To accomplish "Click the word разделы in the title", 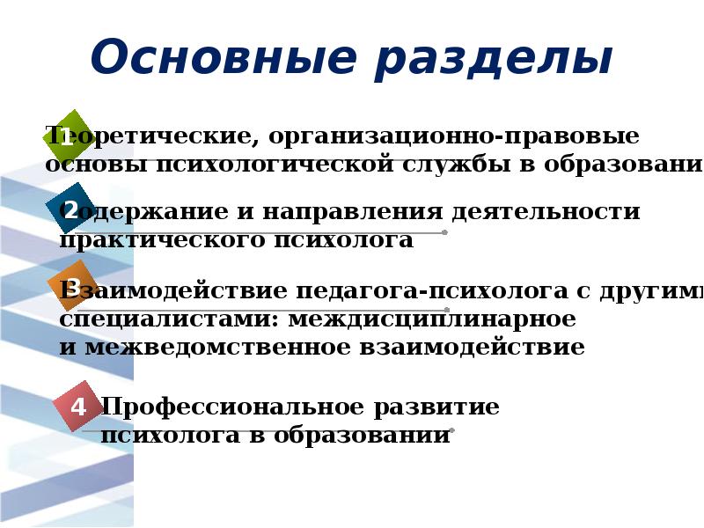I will click(492, 60).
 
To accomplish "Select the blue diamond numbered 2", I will click(70, 209).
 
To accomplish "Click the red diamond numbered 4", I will click(78, 406).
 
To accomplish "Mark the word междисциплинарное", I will click(431, 319).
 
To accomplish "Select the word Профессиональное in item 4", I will click(232, 407).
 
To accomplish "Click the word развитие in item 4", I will click(436, 407).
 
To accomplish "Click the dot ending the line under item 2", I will click(444, 232).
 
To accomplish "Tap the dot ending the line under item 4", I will click(451, 430).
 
